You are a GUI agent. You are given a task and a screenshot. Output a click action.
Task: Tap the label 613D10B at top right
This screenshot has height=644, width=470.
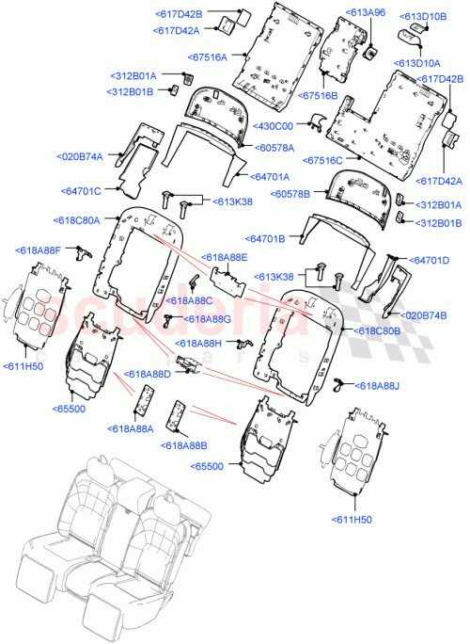pos(424,16)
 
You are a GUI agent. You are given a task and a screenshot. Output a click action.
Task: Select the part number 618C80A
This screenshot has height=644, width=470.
pos(77,220)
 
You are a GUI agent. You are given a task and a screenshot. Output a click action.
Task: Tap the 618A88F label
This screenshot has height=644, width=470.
pos(39,250)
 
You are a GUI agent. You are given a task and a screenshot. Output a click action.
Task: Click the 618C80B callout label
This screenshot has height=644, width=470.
pos(377,331)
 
